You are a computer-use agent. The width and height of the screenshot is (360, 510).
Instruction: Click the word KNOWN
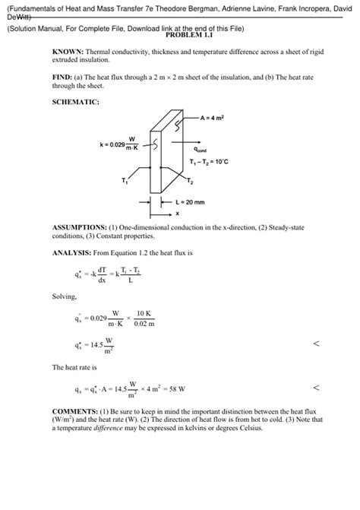(x=66, y=52)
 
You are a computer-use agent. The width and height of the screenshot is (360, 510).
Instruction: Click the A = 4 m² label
(x=217, y=118)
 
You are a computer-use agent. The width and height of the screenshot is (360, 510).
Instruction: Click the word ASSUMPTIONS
(x=78, y=227)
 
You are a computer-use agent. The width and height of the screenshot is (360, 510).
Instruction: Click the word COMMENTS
(x=74, y=412)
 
